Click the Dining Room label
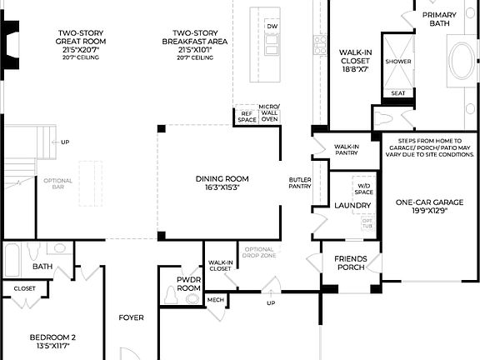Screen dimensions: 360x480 222,182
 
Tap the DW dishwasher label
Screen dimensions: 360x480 272,27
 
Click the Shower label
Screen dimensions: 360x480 398,62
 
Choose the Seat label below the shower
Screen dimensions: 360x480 398,93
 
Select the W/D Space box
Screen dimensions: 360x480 363,187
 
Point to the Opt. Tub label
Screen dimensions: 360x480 367,223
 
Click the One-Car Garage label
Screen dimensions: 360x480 428,206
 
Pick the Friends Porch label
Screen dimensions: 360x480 351,263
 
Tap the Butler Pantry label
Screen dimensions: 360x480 300,183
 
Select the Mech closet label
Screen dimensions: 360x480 215,300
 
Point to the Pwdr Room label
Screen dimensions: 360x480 189,283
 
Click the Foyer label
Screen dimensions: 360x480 131,317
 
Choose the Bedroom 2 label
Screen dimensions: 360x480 52,342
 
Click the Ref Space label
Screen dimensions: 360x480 247,117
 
